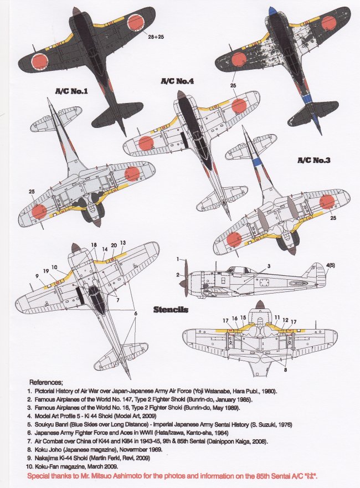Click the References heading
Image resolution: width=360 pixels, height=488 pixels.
pyautogui.click(x=46, y=382)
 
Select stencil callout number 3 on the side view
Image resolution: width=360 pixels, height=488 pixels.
pyautogui.click(x=269, y=266)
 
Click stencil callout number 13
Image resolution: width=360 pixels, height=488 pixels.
pyautogui.click(x=122, y=243)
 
